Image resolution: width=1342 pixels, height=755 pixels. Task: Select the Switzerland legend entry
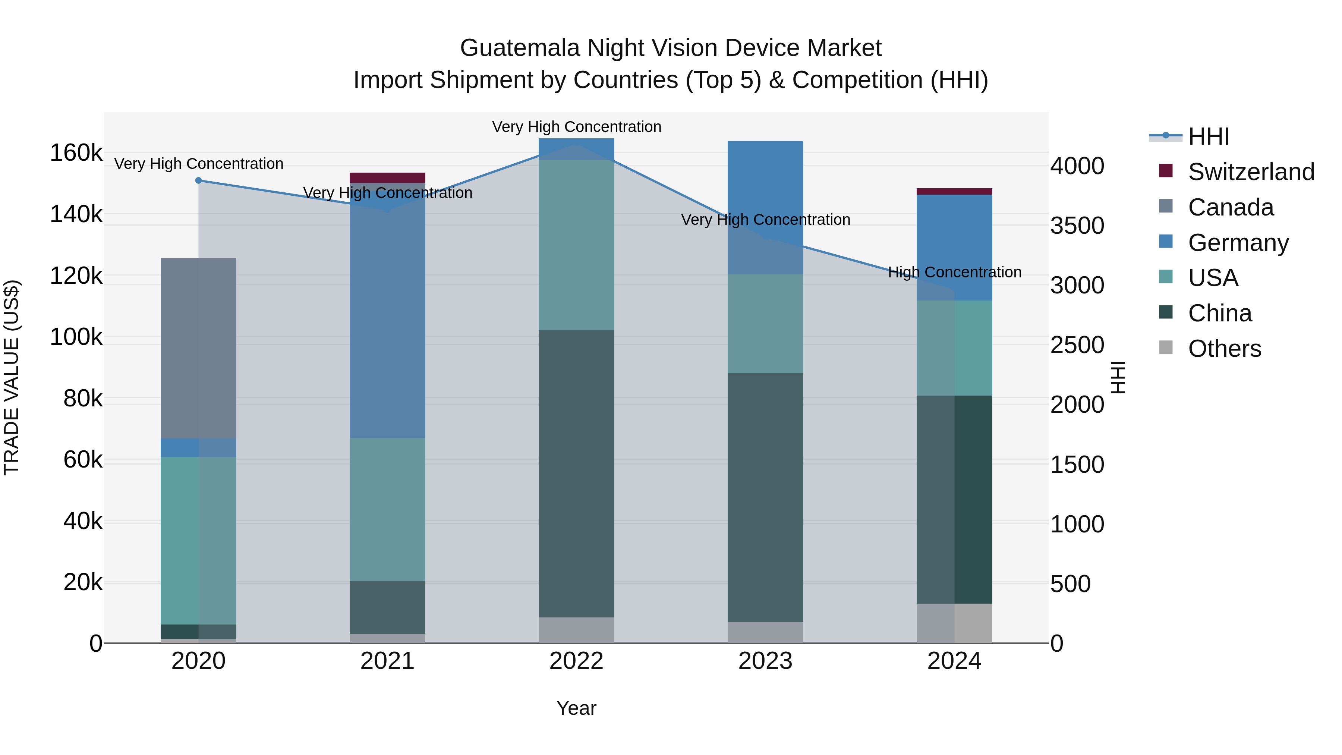[x=1250, y=172]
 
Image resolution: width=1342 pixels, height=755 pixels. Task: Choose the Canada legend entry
[x=1230, y=207]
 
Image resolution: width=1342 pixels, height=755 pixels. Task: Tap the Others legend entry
[x=1224, y=349]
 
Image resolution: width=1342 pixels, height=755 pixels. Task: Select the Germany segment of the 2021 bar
[x=387, y=310]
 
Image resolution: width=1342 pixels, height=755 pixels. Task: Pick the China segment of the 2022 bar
[x=576, y=473]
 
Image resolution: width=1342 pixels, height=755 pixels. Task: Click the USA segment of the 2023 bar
[x=765, y=324]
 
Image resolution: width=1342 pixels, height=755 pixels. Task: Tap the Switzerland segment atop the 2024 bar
[x=954, y=191]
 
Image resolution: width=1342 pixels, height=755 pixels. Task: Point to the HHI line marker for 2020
[x=198, y=180]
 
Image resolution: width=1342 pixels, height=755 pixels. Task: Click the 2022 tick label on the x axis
[x=576, y=661]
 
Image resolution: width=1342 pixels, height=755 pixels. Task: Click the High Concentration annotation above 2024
[x=954, y=272]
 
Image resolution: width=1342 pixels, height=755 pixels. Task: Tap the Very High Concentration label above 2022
[x=576, y=127]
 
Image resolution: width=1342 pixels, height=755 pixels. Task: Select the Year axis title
[x=576, y=708]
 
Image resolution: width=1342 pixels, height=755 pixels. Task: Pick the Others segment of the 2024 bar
[x=954, y=623]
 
